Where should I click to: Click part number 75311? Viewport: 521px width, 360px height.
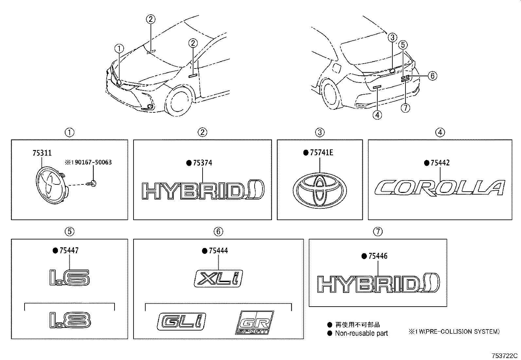tap(42, 153)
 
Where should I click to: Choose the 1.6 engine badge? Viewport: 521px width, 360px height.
tap(69, 277)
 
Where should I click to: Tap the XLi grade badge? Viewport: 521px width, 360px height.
tap(218, 278)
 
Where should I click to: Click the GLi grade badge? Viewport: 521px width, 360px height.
tap(181, 322)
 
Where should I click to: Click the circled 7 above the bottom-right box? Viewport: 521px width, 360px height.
tap(378, 232)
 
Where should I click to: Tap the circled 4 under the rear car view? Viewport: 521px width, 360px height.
tap(377, 115)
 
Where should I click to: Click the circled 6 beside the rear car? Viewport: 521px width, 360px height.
tap(432, 76)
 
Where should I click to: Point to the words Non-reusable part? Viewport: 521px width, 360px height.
tap(361, 333)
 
